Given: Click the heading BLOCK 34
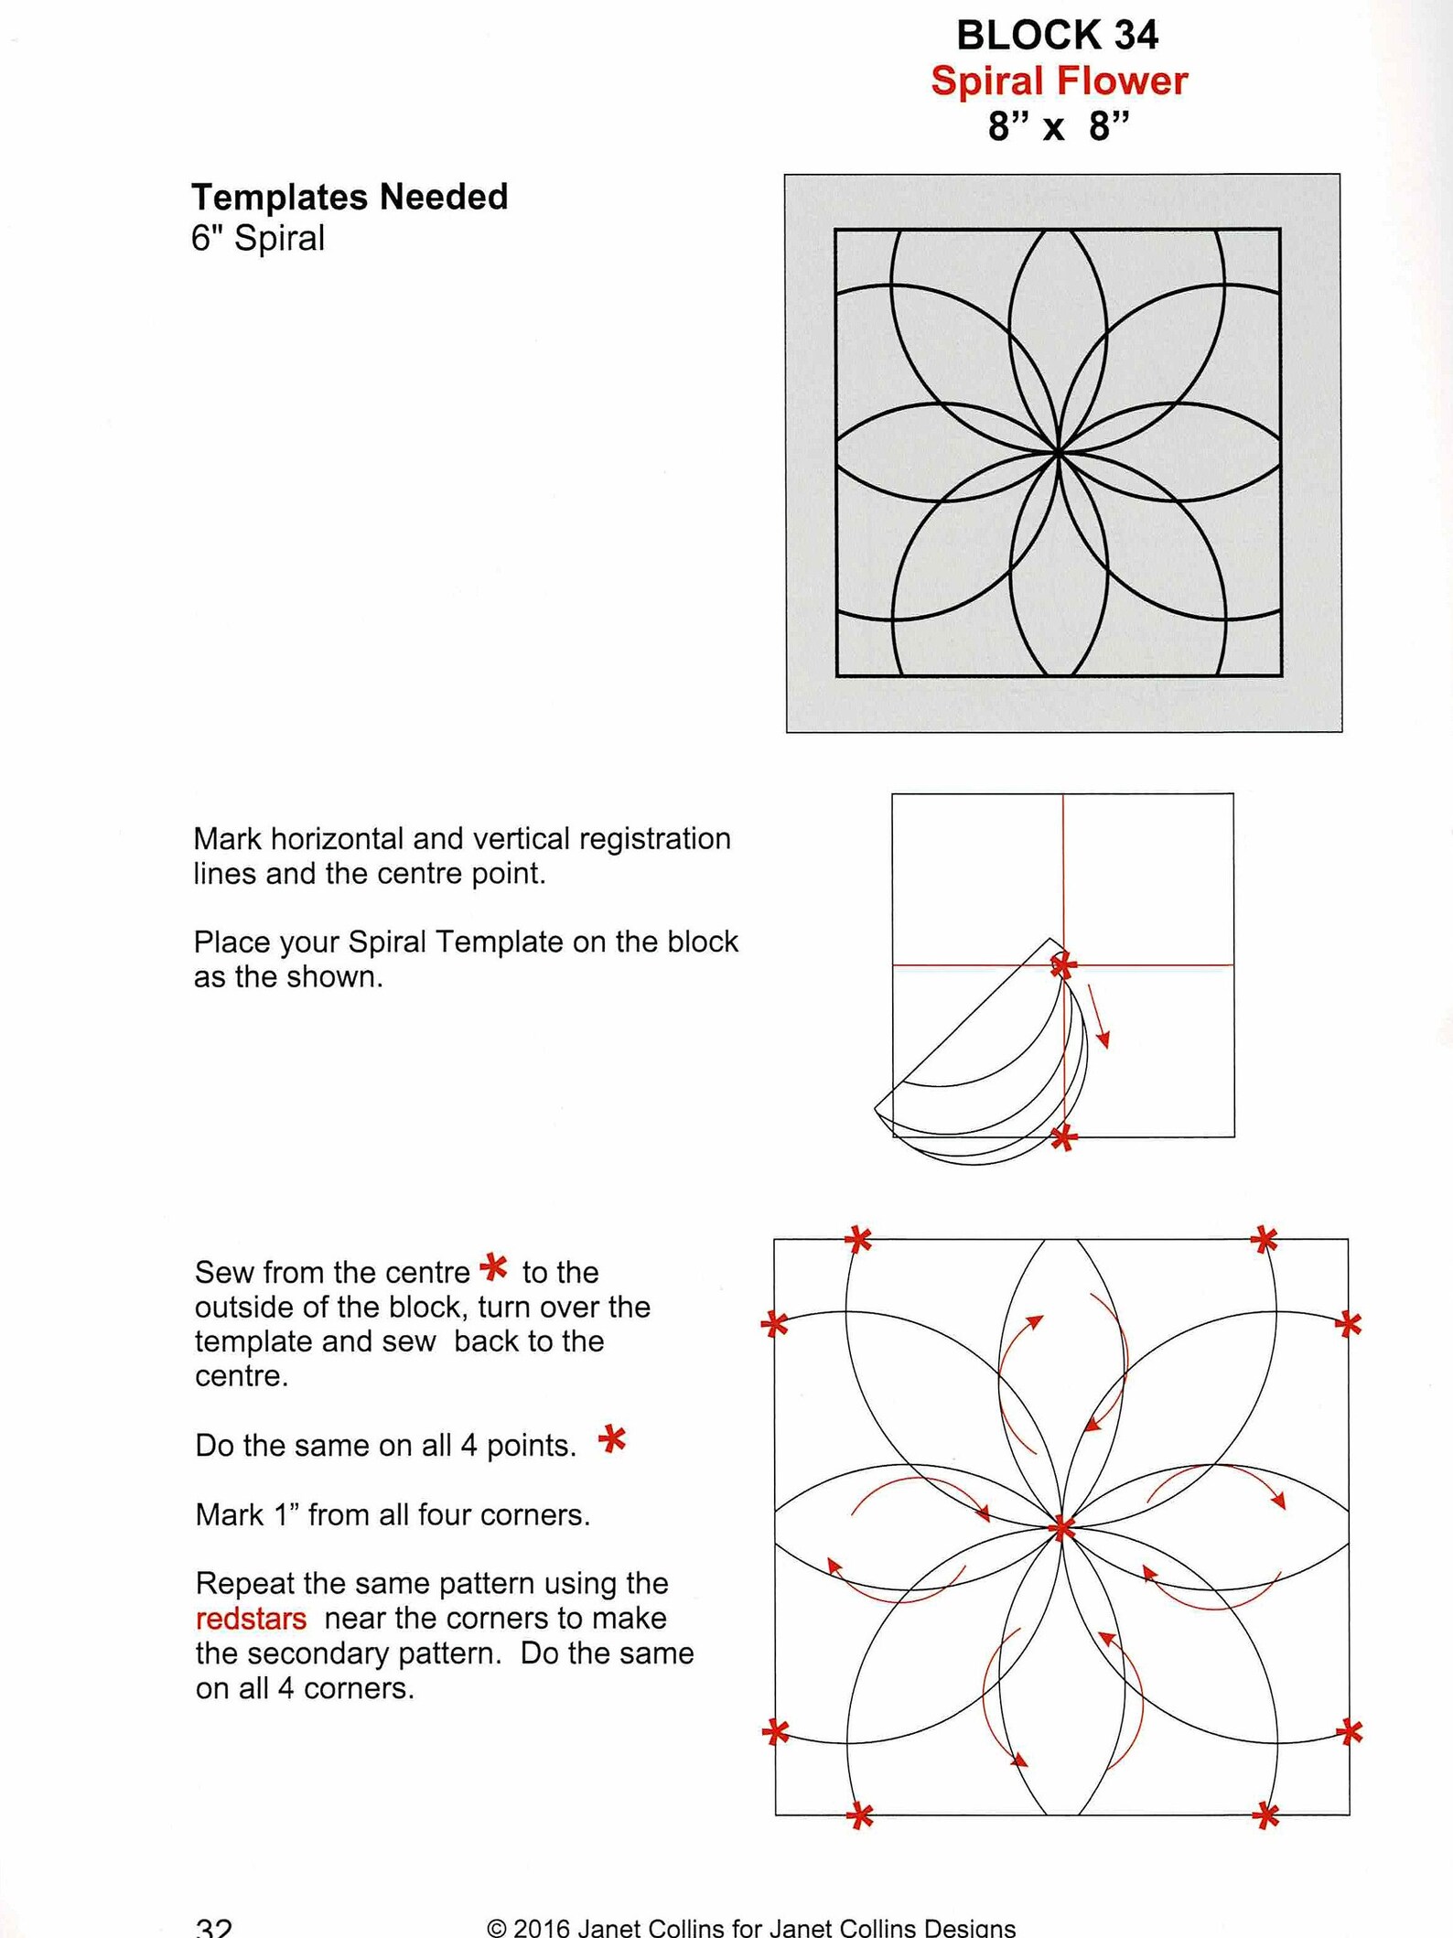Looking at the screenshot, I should point(1057,36).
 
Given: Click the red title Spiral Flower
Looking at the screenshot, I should point(1059,81).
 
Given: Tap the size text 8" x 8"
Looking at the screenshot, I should point(1059,126).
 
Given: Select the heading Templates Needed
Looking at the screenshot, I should point(350,197).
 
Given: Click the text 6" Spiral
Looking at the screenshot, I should point(258,238).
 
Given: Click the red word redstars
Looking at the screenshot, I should point(251,1618).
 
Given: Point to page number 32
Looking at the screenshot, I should point(213,1926).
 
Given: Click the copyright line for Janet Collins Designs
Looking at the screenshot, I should point(750,1927).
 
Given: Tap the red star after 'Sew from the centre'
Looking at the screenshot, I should point(494,1267).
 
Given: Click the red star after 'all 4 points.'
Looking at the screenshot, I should point(612,1439).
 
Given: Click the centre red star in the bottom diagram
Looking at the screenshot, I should point(1062,1527).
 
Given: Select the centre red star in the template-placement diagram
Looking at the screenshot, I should point(1063,964).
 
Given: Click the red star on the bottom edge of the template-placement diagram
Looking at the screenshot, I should point(1063,1138).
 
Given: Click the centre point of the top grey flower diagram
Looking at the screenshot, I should point(1059,452).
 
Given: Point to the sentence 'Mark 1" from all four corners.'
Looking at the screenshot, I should point(393,1514).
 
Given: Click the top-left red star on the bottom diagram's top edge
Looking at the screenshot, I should point(858,1240).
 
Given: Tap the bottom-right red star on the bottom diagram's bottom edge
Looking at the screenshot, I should point(1266,1815).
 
